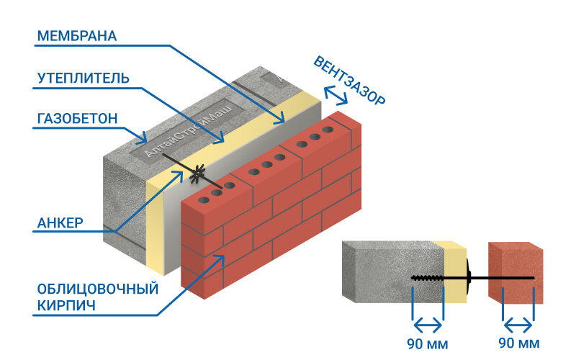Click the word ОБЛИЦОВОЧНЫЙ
coord(97,289)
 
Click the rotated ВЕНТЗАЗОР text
coord(349,80)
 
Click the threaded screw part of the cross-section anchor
coord(428,277)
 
